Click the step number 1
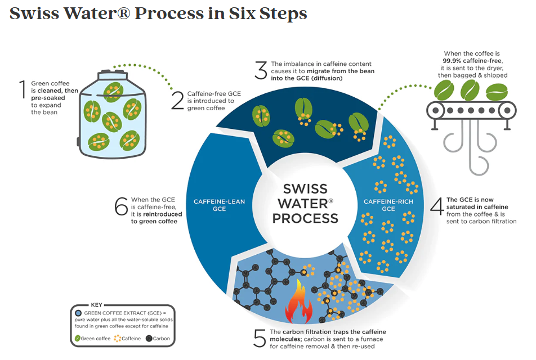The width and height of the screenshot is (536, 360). [x=23, y=90]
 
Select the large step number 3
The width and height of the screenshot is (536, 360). [x=260, y=71]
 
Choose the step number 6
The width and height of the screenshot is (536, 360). [x=121, y=206]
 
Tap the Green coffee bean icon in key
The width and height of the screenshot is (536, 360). [x=77, y=339]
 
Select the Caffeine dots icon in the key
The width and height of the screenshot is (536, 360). [x=118, y=339]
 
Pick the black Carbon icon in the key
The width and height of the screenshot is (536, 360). [x=149, y=339]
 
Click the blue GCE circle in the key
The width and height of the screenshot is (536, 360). [x=78, y=312]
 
